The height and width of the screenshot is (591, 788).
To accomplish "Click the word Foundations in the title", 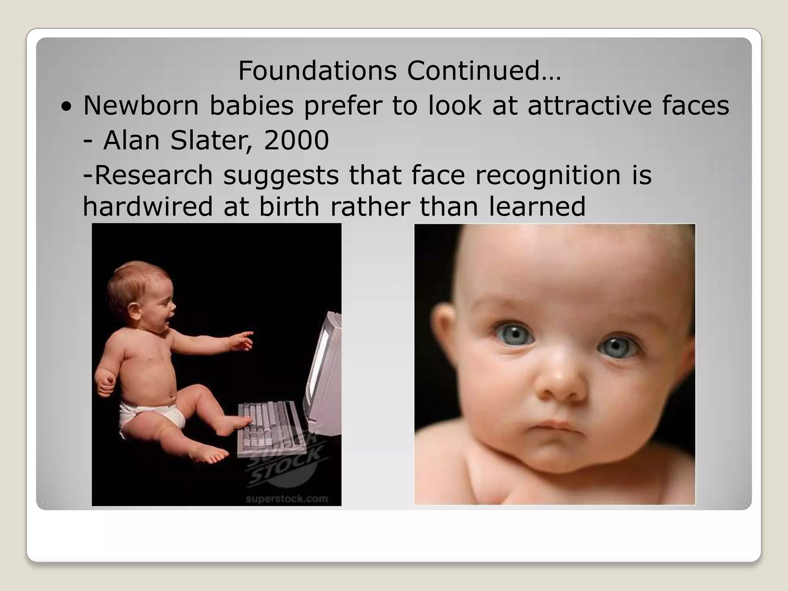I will point(317,71).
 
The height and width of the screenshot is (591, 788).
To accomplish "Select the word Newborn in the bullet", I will point(141,105).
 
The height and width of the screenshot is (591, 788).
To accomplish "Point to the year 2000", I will point(296,140).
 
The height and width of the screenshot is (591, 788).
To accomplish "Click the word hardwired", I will point(148,207).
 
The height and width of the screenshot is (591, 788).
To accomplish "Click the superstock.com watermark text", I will point(287,499).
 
